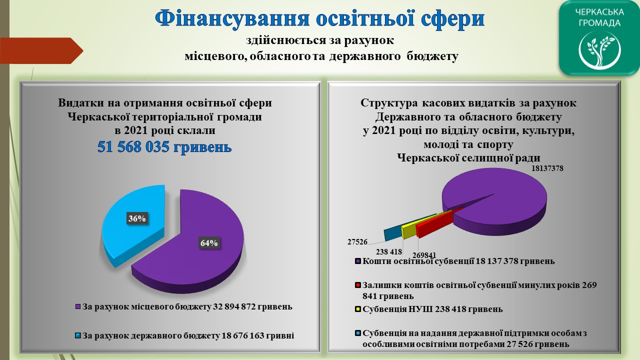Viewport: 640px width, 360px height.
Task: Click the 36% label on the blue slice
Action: (x=137, y=218)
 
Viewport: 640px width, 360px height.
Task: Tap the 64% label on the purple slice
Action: (x=209, y=243)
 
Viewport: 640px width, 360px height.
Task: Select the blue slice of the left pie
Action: (x=133, y=223)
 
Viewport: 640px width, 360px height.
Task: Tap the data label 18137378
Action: (x=547, y=168)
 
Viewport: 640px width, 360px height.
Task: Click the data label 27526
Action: (x=357, y=242)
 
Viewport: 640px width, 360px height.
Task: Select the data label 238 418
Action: (x=389, y=251)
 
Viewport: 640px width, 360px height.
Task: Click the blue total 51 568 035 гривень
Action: (x=164, y=147)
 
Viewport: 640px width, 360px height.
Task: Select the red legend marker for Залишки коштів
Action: (x=357, y=285)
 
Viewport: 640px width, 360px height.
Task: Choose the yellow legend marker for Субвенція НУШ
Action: (x=357, y=309)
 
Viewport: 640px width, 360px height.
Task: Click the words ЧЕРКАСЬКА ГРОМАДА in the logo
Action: (x=599, y=17)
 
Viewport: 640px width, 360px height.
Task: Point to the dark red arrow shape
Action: (x=41, y=50)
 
